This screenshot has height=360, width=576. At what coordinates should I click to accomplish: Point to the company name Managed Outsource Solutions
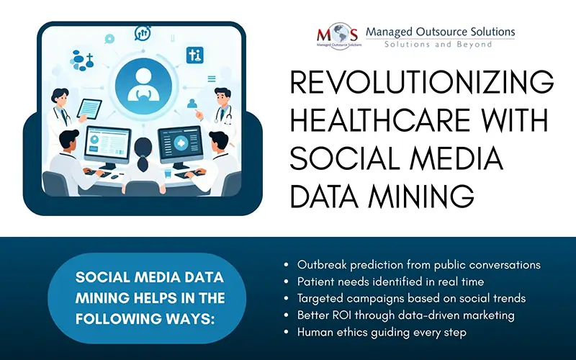[441, 32]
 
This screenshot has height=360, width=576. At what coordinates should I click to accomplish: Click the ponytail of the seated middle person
[142, 164]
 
